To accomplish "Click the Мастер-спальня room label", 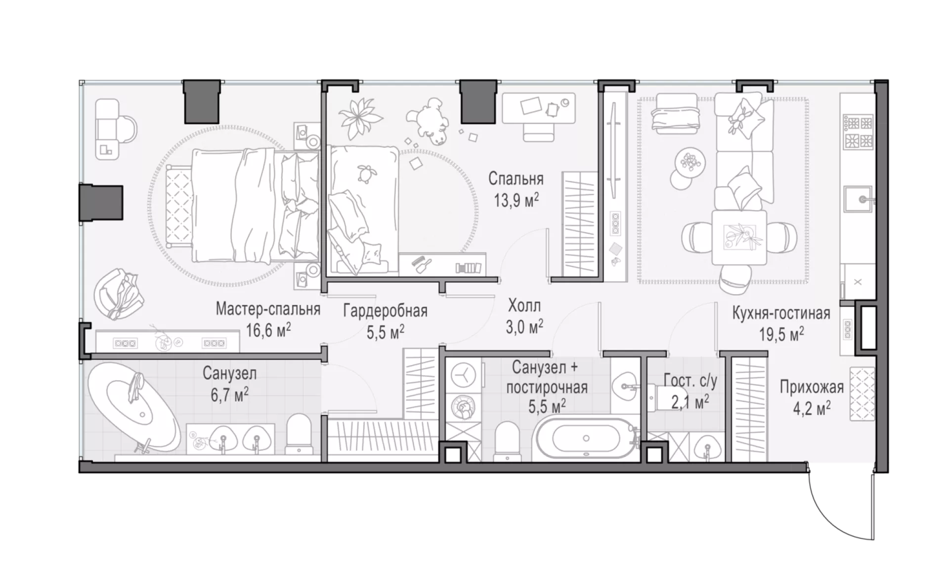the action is (268, 309).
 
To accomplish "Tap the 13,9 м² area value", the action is (516, 200).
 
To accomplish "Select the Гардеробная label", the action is (386, 311).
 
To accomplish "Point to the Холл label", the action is (524, 306).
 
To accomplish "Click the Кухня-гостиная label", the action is (781, 313).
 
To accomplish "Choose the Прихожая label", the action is (812, 387).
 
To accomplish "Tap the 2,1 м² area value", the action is (690, 402).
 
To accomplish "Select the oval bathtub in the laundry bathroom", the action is (586, 438).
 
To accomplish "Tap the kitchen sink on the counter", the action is (859, 199).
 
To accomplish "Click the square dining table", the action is (739, 237).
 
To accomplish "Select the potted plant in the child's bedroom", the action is (360, 118).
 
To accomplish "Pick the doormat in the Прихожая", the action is (862, 394).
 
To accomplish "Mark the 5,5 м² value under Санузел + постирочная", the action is (547, 406).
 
